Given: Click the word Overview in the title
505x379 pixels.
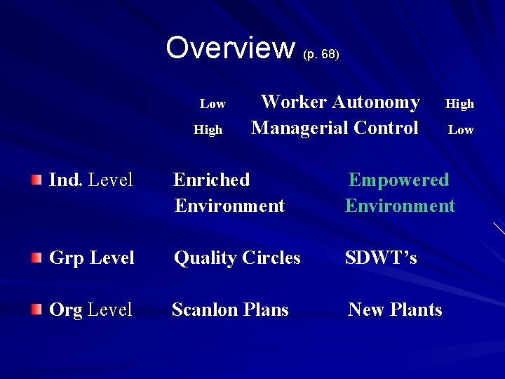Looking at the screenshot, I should click(231, 48).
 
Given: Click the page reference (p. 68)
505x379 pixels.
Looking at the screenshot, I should click(321, 54).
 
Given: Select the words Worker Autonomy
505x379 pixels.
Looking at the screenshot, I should click(340, 102).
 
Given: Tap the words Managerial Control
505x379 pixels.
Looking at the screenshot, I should click(335, 128).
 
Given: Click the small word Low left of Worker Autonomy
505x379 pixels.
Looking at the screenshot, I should click(213, 104).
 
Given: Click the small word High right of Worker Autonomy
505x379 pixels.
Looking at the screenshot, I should click(460, 104).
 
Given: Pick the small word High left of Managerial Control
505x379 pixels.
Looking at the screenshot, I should click(208, 130).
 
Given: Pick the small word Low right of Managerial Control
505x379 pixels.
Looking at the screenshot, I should click(461, 130).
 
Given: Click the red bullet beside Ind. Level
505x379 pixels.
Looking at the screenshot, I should click(36, 180).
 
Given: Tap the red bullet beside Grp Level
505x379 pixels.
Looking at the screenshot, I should click(36, 258).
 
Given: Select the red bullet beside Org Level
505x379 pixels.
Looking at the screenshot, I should click(36, 310).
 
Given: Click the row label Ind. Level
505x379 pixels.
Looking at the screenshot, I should click(90, 180).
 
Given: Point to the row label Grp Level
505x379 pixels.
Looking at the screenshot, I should click(91, 258).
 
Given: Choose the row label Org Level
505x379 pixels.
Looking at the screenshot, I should click(90, 310).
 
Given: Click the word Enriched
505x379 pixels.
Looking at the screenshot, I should click(212, 180).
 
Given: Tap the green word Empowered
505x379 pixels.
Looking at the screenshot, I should click(398, 180).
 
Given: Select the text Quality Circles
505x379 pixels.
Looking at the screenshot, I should click(237, 258).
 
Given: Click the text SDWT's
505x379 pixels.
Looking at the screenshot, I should click(381, 258).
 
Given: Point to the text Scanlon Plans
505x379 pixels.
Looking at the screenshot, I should click(230, 310).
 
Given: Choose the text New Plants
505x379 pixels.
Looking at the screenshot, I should click(395, 310).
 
